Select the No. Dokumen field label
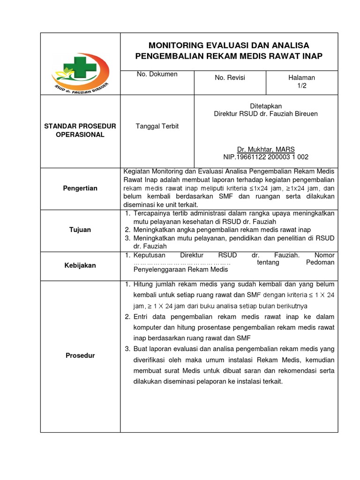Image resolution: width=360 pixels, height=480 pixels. click(x=157, y=74)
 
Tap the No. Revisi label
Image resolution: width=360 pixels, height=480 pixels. click(x=230, y=77)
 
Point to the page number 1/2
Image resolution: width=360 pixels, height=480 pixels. click(x=302, y=86)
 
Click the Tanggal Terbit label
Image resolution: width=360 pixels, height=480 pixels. click(x=157, y=126)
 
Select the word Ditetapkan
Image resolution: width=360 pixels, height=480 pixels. click(x=266, y=106)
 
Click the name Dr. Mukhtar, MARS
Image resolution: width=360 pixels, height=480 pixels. click(x=266, y=149)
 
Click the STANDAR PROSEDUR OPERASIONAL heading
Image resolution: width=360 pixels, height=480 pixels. click(x=80, y=130)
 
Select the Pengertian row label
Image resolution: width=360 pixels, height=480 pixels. click(x=80, y=188)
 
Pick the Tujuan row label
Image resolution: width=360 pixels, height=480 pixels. click(x=80, y=230)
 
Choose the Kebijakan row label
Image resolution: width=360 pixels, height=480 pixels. click(x=80, y=265)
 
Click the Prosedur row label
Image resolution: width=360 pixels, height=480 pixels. click(x=80, y=355)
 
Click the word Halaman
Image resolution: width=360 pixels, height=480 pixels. click(x=302, y=77)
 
